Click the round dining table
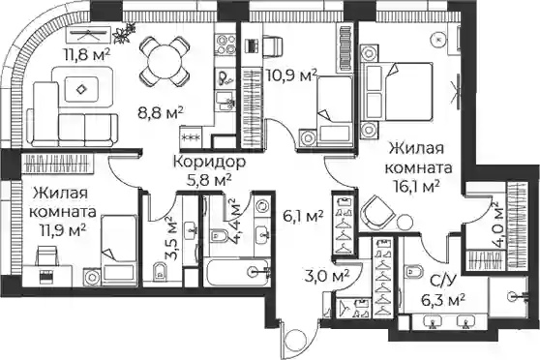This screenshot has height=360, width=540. [165, 62]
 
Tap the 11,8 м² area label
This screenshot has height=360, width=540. [86, 54]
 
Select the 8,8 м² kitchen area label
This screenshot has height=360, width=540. [160, 112]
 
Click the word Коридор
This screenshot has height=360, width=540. [209, 162]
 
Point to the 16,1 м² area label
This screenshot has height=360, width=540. [418, 187]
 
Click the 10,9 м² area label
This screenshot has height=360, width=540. [291, 75]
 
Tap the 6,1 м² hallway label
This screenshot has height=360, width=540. [303, 216]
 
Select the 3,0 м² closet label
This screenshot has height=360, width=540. [327, 276]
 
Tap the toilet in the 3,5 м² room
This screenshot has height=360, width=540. [160, 271]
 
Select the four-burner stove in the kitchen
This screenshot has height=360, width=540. [226, 45]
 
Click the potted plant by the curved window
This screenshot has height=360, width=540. [124, 33]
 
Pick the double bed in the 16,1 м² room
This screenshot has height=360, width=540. [397, 91]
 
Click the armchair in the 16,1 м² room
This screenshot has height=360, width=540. [377, 213]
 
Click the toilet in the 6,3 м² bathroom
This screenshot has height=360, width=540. [415, 271]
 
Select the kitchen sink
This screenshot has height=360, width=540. [225, 101]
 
